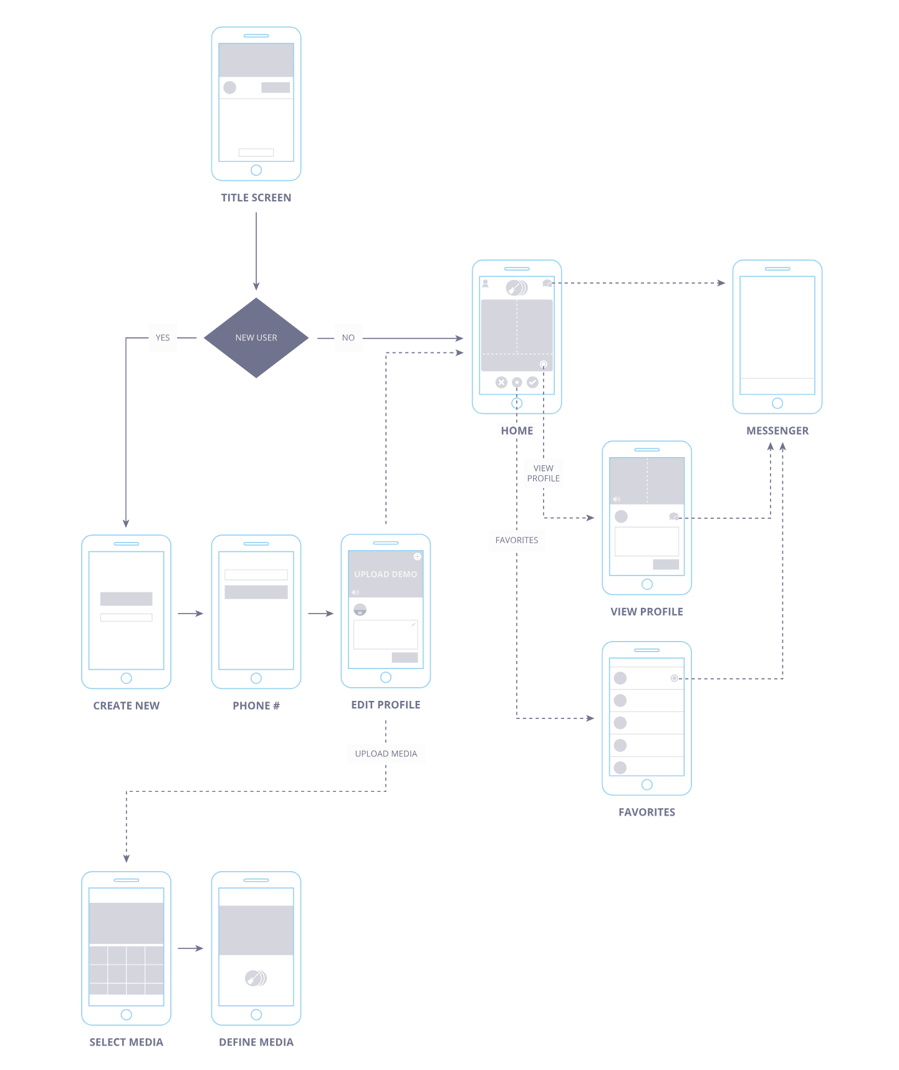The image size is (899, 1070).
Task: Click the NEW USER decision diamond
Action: point(256,337)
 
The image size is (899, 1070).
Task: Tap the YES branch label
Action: point(163,337)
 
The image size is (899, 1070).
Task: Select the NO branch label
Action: point(348,337)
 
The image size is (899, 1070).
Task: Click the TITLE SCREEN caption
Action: point(256,198)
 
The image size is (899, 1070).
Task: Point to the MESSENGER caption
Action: point(777,431)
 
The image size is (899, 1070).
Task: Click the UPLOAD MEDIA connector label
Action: point(386,753)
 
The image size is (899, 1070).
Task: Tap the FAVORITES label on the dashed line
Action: point(517,540)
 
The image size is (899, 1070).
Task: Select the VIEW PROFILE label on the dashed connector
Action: point(544,473)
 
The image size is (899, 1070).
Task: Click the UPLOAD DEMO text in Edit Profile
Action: point(386,574)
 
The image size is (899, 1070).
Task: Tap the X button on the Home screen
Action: point(501,382)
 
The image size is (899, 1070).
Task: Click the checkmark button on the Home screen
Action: point(532,382)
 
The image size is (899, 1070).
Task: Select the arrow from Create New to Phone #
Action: point(191,614)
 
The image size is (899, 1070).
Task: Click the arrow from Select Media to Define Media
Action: point(191,948)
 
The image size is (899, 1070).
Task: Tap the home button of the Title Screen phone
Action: point(256,170)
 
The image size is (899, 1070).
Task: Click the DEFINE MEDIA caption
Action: point(256,1042)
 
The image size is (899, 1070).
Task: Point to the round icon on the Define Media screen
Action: point(256,978)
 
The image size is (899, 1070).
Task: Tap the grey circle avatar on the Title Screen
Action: point(230,87)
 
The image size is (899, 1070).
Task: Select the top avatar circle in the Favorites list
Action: point(620,678)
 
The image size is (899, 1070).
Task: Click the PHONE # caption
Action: point(256,706)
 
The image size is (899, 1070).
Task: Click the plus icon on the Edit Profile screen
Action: point(417,556)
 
